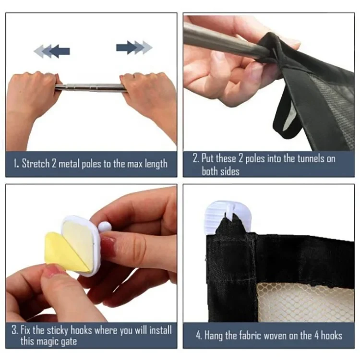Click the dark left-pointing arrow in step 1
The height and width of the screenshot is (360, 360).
tap(59, 51)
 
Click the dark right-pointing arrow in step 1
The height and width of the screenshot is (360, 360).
tap(127, 48)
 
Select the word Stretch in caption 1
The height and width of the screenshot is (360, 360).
tap(36, 164)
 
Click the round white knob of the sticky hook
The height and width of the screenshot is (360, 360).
tap(105, 227)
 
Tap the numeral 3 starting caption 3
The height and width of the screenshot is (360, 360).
tap(14, 331)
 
